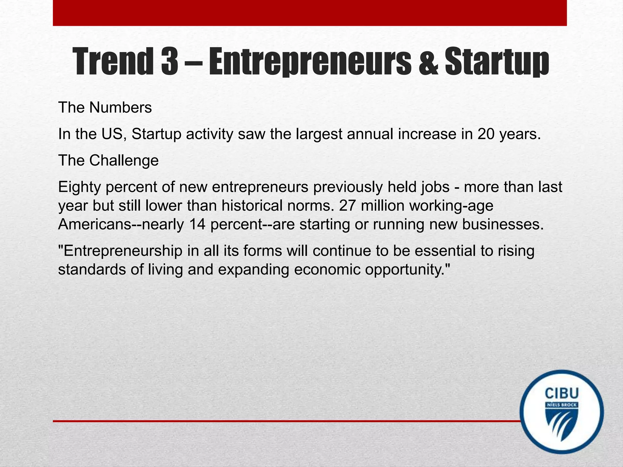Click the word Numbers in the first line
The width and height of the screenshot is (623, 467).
coord(120,107)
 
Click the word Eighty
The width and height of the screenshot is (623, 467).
coord(79,187)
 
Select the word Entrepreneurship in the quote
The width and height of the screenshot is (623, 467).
coord(120,251)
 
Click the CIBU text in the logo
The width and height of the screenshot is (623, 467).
coord(562,393)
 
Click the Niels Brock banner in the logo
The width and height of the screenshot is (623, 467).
coord(562,405)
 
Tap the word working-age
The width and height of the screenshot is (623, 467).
coord(451,206)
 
